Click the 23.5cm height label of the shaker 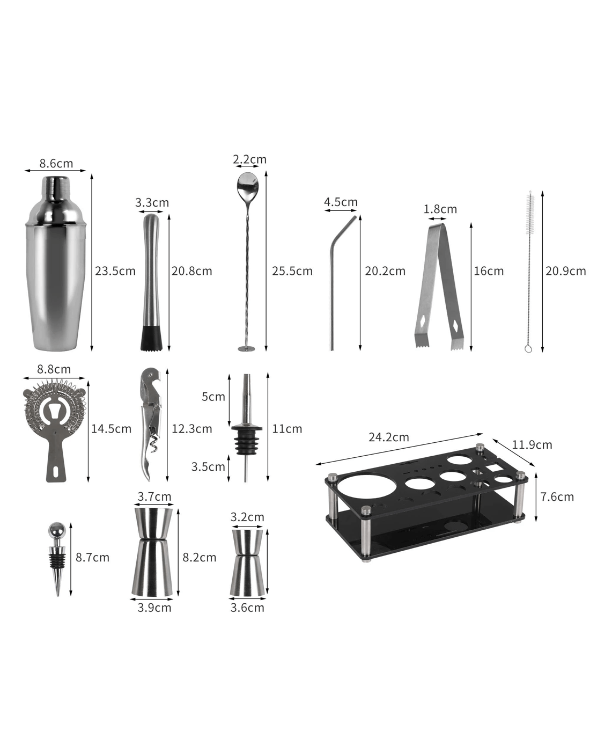115,271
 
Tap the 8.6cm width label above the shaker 56,164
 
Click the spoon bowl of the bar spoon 247,183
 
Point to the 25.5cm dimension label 292,271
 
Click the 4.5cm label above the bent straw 341,202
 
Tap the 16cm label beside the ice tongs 489,271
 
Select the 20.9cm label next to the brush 566,271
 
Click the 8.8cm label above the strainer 54,369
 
